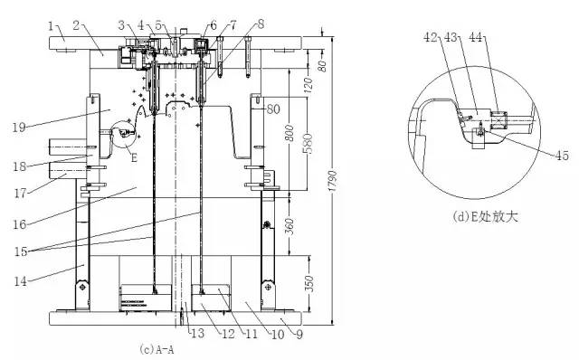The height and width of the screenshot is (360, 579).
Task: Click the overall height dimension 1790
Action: click(x=332, y=181)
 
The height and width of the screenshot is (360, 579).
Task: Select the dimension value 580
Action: click(x=308, y=144)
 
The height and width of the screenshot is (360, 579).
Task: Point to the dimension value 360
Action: click(x=289, y=226)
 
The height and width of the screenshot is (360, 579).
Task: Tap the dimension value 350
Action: click(x=310, y=284)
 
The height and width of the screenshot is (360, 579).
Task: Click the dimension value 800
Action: click(x=289, y=133)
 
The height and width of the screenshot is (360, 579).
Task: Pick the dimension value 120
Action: click(x=308, y=84)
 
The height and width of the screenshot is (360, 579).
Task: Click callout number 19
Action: click(x=19, y=128)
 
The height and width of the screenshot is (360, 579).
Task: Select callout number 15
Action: click(x=21, y=251)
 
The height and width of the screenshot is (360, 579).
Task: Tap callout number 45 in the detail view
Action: click(x=562, y=156)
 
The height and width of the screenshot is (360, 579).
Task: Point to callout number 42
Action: click(x=431, y=37)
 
